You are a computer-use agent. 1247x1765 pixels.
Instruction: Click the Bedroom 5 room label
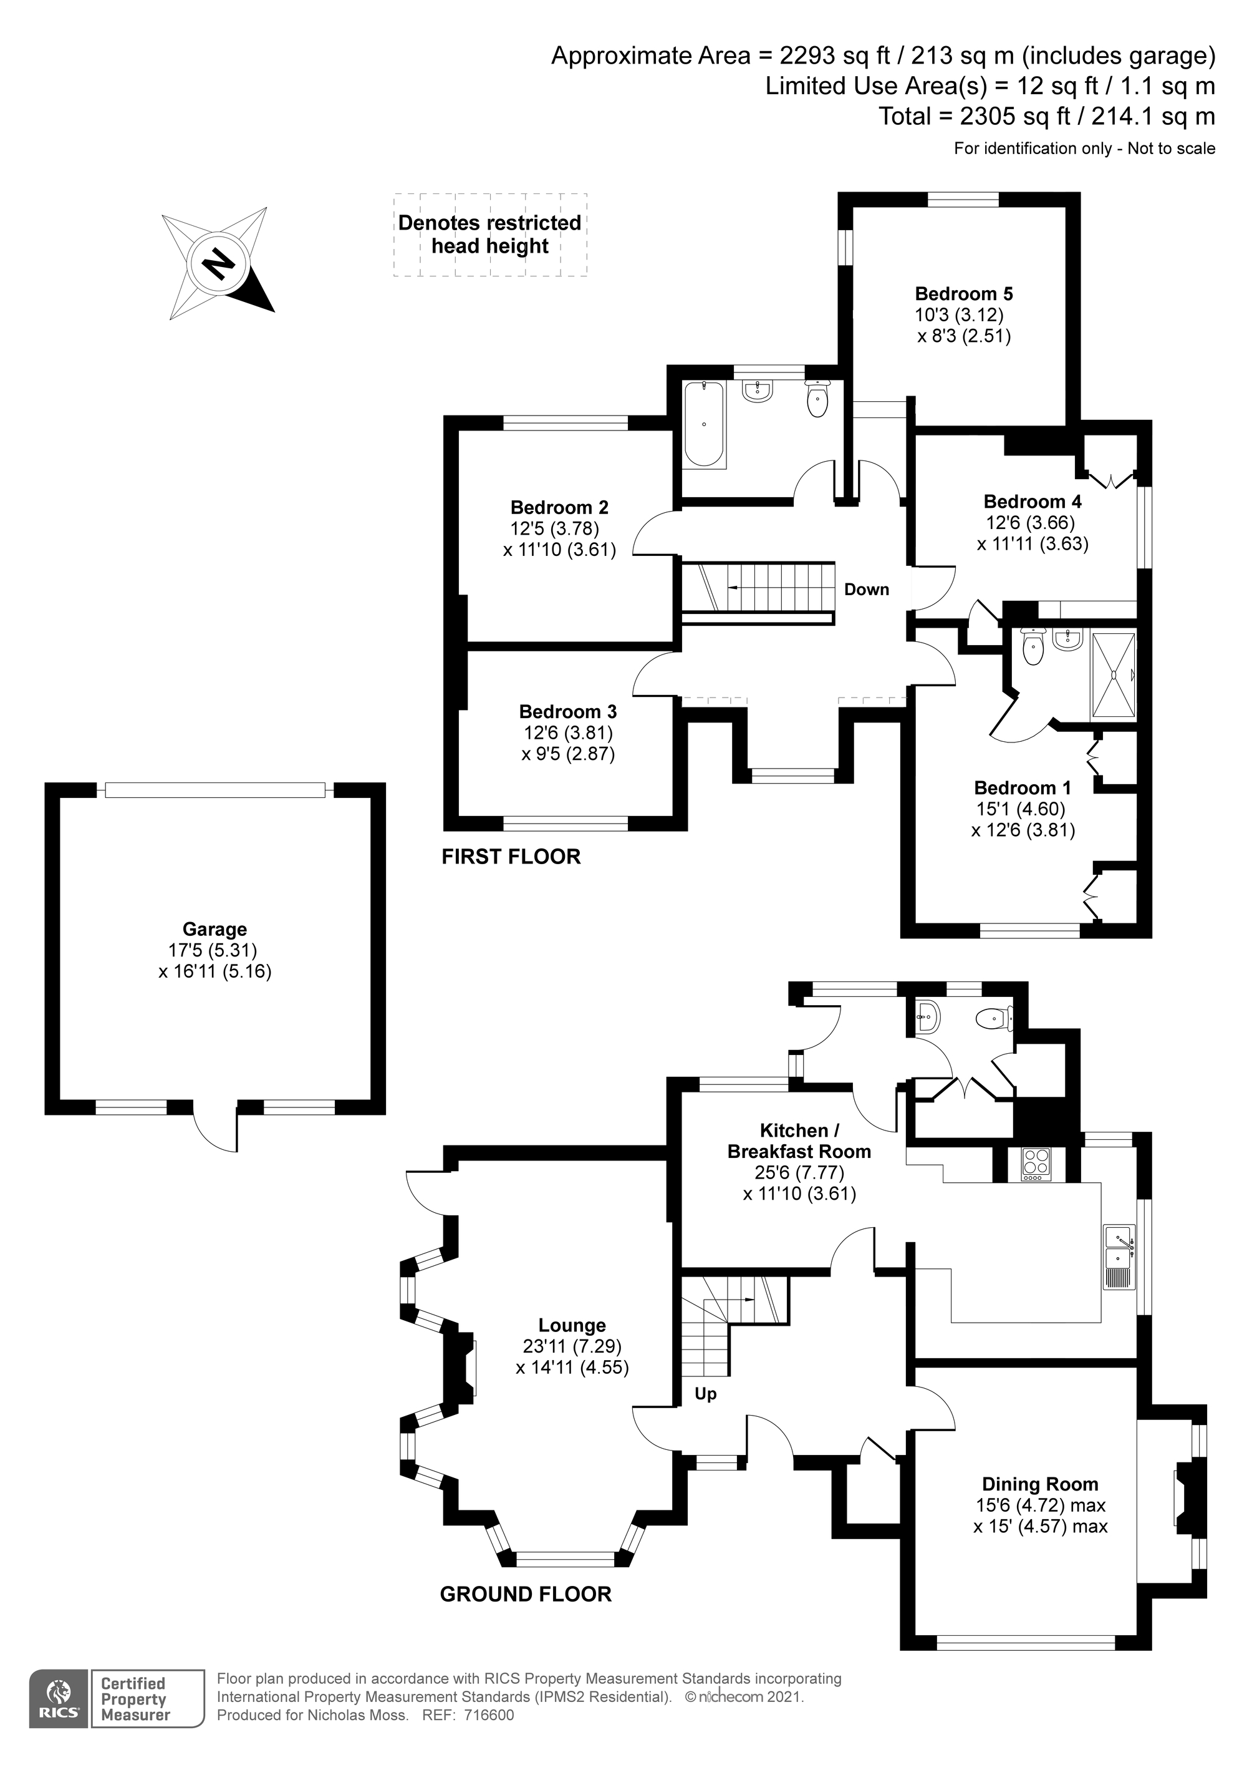(963, 294)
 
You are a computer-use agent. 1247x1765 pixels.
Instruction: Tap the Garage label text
(214, 928)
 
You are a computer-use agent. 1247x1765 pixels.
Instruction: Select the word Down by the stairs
(867, 590)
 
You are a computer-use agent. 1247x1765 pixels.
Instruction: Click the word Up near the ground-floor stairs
(705, 1394)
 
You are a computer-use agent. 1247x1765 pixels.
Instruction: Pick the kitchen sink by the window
(1119, 1258)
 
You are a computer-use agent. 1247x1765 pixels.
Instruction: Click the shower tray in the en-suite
(1112, 676)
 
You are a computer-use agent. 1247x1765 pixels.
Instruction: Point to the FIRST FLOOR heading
(511, 857)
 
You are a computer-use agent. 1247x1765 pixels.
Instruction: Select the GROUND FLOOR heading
(526, 1594)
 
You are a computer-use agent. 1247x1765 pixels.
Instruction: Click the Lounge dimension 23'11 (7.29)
(572, 1346)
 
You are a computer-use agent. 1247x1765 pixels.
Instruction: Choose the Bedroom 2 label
(559, 507)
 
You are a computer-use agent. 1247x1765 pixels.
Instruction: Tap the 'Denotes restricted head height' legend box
(490, 235)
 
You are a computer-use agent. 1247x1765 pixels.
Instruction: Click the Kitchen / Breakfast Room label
(799, 1140)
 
